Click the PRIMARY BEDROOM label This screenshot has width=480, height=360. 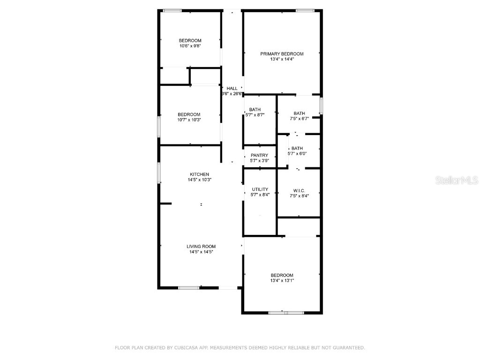tap(282, 54)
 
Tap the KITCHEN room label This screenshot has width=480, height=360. tap(199, 174)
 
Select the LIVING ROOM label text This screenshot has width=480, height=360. tap(201, 247)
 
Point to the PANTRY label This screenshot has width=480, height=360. tap(259, 156)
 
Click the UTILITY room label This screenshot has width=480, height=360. tap(260, 189)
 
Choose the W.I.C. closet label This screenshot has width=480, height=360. tap(299, 191)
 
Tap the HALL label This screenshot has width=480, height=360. tap(232, 89)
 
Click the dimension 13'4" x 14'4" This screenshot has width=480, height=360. tap(282, 59)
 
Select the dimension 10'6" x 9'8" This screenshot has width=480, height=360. tap(190, 46)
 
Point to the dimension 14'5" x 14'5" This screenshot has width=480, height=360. tap(201, 252)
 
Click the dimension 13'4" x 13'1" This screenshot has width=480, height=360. tap(282, 280)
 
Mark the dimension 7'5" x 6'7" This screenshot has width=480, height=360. tap(299, 119)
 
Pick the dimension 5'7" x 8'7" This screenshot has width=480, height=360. tap(255, 115)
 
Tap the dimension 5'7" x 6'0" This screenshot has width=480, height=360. tap(297, 154)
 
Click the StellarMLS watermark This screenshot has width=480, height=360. tap(457, 180)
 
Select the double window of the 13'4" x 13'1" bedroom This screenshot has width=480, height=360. tap(286, 313)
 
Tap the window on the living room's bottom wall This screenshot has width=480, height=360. tap(189, 288)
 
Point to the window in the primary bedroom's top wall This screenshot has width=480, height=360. tap(305, 11)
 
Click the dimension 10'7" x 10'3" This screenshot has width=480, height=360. tap(189, 120)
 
